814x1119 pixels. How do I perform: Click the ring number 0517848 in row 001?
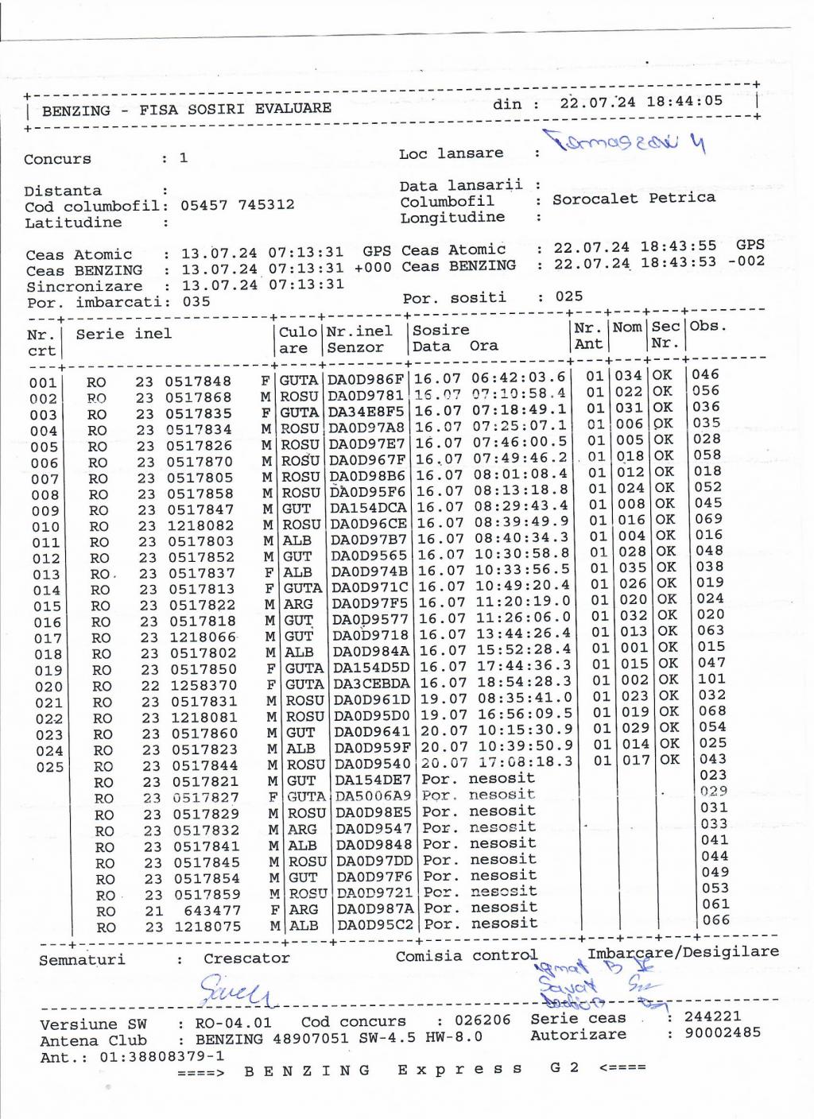198,381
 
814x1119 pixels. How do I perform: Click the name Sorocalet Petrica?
634,198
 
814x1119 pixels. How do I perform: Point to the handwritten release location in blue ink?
624,143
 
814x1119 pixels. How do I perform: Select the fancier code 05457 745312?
237,205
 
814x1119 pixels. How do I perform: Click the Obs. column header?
708,326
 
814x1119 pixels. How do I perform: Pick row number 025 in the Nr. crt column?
49,767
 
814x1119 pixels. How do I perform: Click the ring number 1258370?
202,685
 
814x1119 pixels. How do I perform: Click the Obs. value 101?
711,679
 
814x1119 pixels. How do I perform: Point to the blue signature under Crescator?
235,991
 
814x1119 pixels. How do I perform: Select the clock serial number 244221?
712,1016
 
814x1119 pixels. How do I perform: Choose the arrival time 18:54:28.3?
523,682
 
